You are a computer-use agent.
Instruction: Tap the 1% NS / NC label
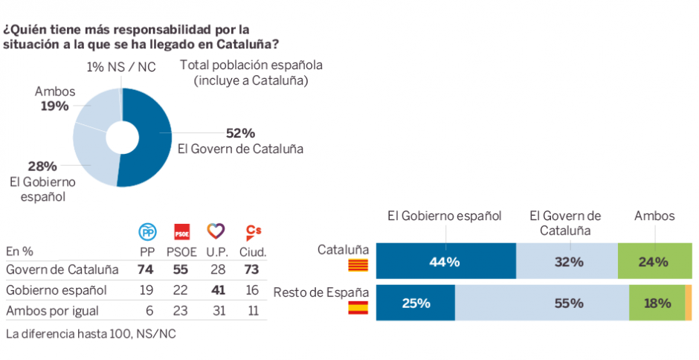[121, 67]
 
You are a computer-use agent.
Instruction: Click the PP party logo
[149, 231]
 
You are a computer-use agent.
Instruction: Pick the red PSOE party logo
[181, 231]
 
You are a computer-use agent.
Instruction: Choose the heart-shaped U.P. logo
[216, 231]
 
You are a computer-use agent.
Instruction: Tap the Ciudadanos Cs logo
[254, 231]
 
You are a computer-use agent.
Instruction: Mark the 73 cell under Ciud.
[254, 269]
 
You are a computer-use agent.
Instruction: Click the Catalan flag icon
[358, 266]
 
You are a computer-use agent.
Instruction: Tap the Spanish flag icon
[358, 306]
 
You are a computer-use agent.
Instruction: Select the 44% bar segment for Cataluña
[445, 262]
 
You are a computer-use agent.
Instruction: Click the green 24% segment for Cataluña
[654, 262]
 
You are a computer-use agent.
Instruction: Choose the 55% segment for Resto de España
[541, 303]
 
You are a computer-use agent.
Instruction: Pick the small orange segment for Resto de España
[689, 303]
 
